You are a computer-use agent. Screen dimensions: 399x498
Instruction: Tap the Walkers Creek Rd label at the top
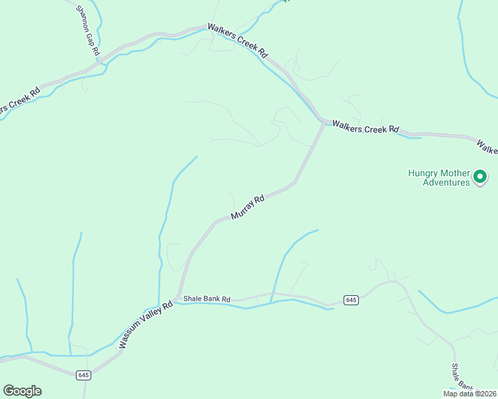pyautogui.click(x=237, y=41)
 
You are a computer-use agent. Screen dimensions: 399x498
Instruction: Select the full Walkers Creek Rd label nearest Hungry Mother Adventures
pyautogui.click(x=366, y=126)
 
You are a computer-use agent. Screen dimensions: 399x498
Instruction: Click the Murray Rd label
pyautogui.click(x=248, y=207)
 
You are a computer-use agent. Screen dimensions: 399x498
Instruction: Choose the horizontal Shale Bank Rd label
pyautogui.click(x=206, y=299)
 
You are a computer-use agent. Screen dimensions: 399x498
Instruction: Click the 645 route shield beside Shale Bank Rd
pyautogui.click(x=352, y=301)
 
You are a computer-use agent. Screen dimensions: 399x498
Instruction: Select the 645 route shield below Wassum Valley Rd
pyautogui.click(x=83, y=375)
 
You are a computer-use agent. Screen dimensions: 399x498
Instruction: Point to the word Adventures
pyautogui.click(x=446, y=182)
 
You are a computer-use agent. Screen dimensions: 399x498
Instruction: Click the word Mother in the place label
pyautogui.click(x=455, y=173)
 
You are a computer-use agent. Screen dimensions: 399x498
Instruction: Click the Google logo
pyautogui.click(x=22, y=391)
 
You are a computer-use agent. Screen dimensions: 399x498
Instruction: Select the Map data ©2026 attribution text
pyautogui.click(x=469, y=394)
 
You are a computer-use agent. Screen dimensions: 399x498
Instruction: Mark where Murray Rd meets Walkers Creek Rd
pyautogui.click(x=324, y=122)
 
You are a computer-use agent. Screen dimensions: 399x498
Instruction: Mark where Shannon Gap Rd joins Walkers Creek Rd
pyautogui.click(x=100, y=63)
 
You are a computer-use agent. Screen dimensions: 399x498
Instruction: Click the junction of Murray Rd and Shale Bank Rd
pyautogui.click(x=178, y=298)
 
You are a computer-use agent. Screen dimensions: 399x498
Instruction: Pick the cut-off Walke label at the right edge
pyautogui.click(x=487, y=146)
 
